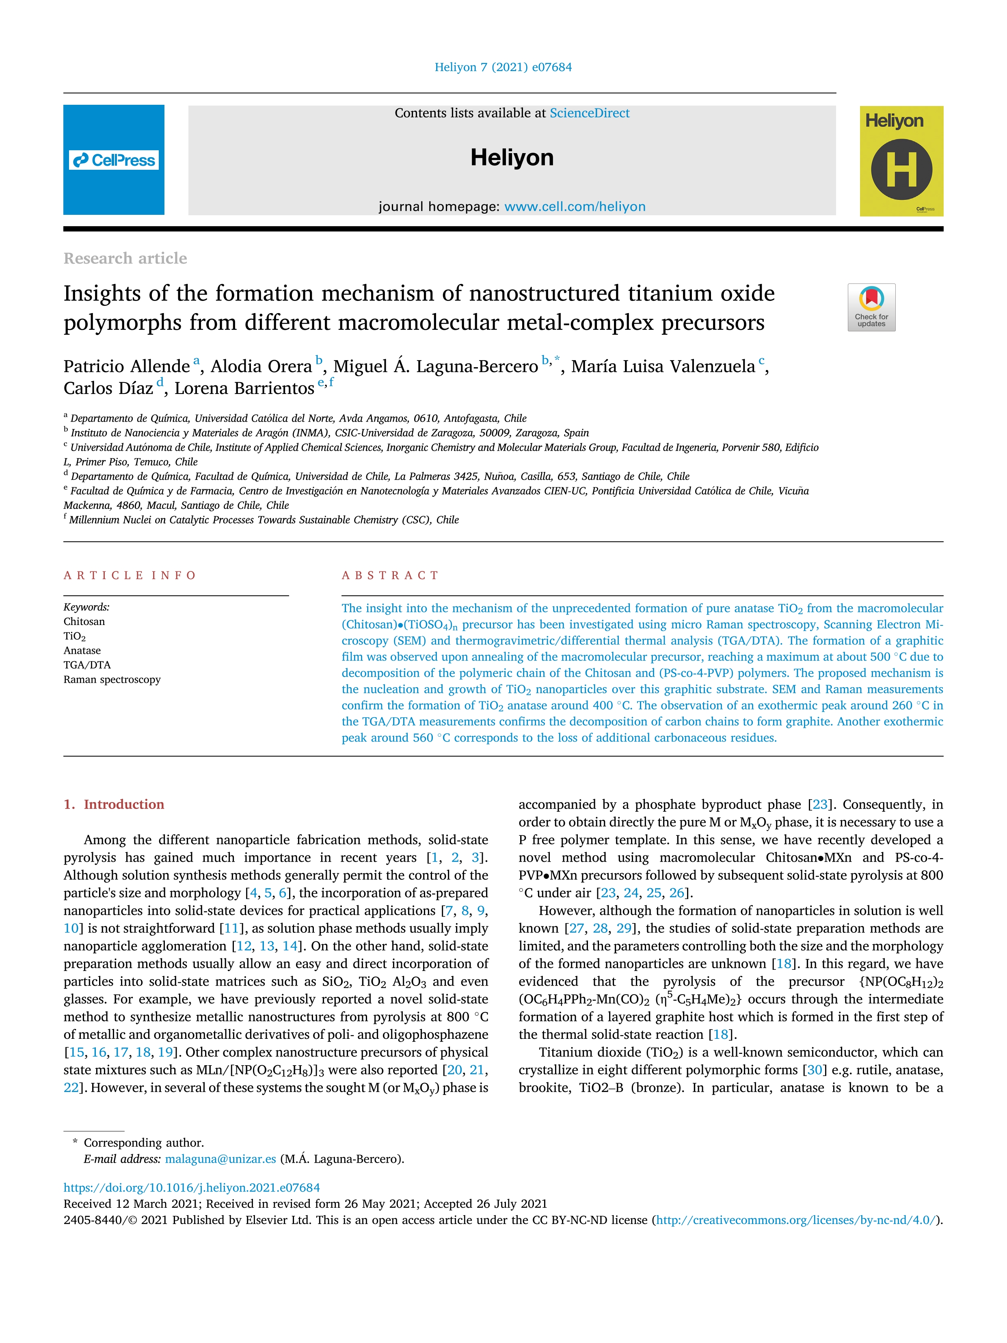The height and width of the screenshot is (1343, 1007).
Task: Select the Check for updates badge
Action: [871, 307]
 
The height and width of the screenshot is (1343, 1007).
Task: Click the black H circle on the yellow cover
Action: [901, 169]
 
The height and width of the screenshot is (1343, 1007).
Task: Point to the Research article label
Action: [125, 259]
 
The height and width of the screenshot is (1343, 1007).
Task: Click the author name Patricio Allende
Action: [126, 366]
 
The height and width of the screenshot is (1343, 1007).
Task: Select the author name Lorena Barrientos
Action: [244, 389]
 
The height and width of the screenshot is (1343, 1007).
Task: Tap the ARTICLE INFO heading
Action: [130, 575]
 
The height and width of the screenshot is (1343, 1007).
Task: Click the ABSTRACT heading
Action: [390, 575]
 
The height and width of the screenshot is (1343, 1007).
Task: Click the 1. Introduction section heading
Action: [114, 805]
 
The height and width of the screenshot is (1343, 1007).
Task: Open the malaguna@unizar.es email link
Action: [220, 1159]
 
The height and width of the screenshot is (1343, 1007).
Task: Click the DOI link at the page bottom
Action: [192, 1187]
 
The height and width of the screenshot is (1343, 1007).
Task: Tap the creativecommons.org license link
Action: [796, 1220]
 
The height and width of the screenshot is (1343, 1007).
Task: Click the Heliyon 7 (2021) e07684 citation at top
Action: [503, 67]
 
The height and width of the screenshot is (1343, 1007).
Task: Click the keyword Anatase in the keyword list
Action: [82, 651]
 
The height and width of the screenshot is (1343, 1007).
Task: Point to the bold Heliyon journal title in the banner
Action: [512, 158]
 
